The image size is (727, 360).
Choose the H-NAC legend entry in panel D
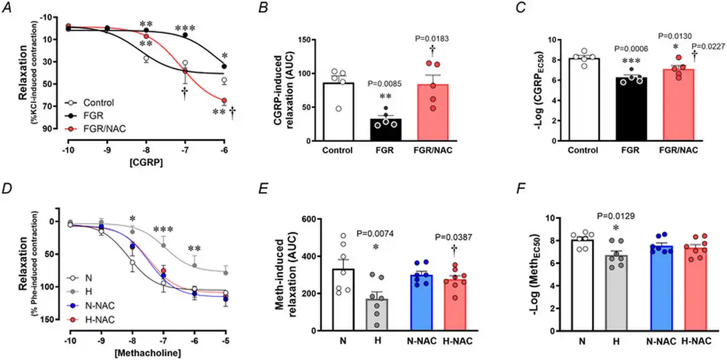(100, 320)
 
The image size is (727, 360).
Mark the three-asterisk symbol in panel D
(164, 230)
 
